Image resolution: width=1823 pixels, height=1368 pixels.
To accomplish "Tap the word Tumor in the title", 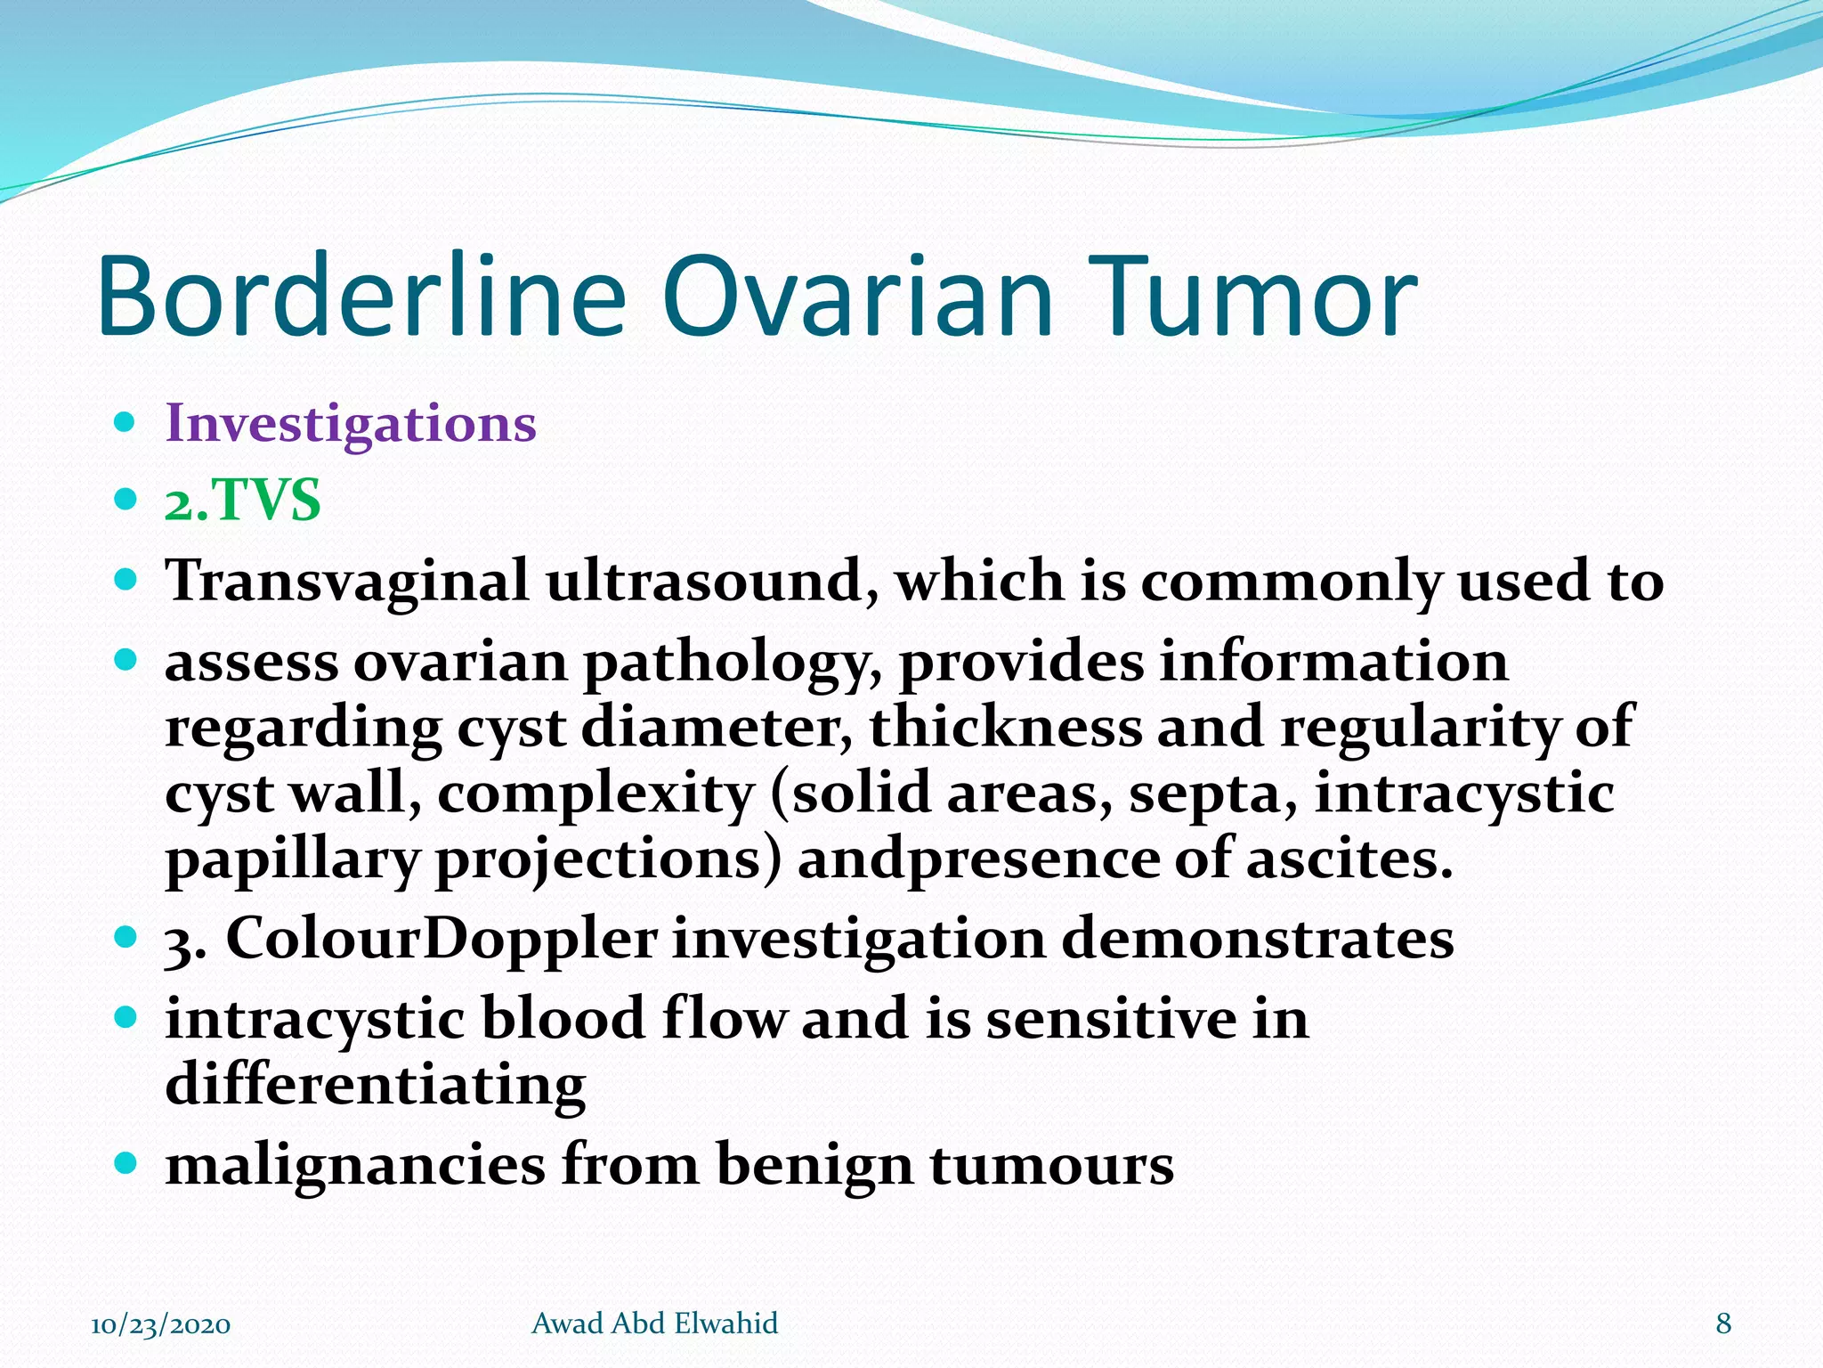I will (1246, 296).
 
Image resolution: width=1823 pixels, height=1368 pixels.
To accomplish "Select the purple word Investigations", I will (351, 424).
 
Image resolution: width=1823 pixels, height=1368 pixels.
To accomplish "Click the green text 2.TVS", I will (242, 501).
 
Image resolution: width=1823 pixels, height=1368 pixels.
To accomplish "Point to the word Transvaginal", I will (347, 582).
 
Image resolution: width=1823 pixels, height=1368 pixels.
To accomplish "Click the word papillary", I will (292, 860).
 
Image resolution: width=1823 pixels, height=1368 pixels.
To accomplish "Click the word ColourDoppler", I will (441, 940).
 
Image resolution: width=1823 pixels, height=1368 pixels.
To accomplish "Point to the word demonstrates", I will (1257, 940).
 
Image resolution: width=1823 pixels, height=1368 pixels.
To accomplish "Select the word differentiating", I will (376, 1085).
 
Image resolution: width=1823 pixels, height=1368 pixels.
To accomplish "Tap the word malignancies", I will (355, 1166).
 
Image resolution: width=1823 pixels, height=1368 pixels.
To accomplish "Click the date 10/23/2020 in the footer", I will (161, 1324).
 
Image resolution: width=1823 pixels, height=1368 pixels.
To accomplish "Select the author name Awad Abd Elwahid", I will (654, 1323).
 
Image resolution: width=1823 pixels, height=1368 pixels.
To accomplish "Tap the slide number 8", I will (1723, 1323).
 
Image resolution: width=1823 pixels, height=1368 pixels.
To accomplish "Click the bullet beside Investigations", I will (126, 420).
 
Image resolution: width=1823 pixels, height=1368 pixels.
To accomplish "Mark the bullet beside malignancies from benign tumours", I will (126, 1162).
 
